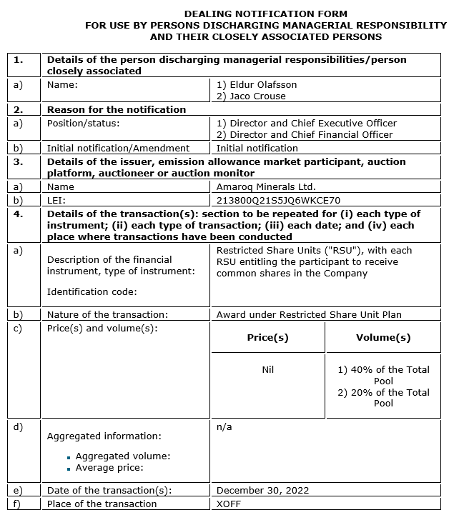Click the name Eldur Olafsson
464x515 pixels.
262,84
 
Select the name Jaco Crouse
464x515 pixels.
256,96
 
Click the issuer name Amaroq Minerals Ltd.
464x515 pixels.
265,187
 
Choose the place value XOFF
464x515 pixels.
229,504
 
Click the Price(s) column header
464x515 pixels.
267,337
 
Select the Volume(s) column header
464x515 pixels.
383,337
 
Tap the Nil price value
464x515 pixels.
268,369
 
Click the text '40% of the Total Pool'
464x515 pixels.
383,375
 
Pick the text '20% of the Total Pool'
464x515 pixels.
383,398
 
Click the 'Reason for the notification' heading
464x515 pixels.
117,109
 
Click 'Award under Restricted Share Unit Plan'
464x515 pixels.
309,314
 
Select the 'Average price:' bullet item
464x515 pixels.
109,468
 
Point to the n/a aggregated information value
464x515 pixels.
224,426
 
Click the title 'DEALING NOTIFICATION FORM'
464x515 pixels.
265,14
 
